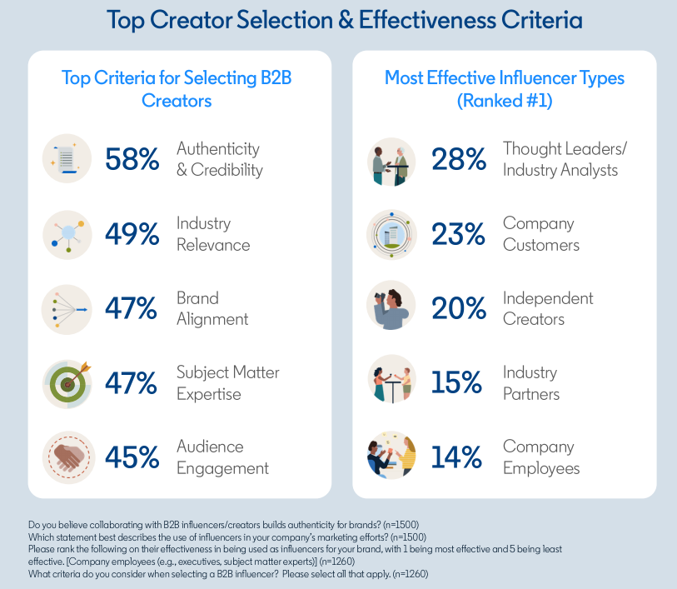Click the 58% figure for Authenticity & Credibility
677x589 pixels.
(x=132, y=159)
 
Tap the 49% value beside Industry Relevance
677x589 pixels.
(x=132, y=234)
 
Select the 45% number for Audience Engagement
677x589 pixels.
(x=132, y=457)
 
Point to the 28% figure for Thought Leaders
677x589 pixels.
(x=458, y=159)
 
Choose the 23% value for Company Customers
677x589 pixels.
(x=458, y=234)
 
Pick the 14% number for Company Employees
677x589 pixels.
(x=458, y=457)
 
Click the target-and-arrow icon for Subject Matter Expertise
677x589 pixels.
(x=67, y=382)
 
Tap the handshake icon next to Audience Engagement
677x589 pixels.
(x=67, y=457)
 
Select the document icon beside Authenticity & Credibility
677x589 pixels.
(x=67, y=158)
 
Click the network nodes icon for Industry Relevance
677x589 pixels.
(x=67, y=234)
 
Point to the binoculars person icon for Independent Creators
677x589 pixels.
(x=391, y=308)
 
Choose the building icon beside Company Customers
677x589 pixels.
(x=391, y=234)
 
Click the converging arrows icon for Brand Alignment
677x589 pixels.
(x=67, y=308)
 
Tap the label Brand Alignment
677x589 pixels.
(x=213, y=308)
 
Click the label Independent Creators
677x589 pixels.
(x=548, y=308)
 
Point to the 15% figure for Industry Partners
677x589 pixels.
(x=458, y=382)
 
